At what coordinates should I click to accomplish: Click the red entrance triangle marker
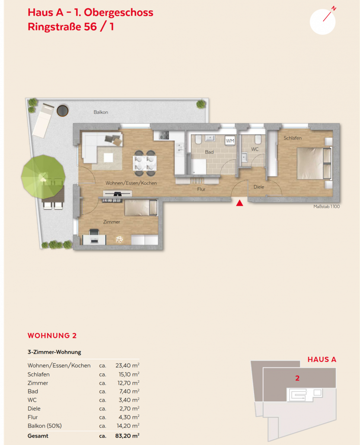239,203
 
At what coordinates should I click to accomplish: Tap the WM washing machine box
230,140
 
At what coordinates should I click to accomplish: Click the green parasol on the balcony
43,177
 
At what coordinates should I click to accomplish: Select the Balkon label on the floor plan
101,112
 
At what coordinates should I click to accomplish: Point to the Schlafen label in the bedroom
293,138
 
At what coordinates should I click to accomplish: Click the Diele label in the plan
258,187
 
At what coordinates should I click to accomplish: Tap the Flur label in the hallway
201,189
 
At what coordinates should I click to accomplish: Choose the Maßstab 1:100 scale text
326,207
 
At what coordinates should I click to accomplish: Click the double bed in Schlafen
314,163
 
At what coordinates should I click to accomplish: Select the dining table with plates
144,163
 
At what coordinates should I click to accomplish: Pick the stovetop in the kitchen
164,135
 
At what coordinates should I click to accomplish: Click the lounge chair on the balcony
43,121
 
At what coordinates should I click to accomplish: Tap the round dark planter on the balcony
63,111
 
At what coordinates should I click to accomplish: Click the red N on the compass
334,9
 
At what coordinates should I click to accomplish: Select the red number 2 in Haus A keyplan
297,378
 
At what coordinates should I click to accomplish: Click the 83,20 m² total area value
127,435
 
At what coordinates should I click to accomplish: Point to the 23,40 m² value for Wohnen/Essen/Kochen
127,365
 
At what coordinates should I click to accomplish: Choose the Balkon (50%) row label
45,426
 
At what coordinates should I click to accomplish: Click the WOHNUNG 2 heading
52,335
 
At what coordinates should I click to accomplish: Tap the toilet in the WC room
258,140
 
